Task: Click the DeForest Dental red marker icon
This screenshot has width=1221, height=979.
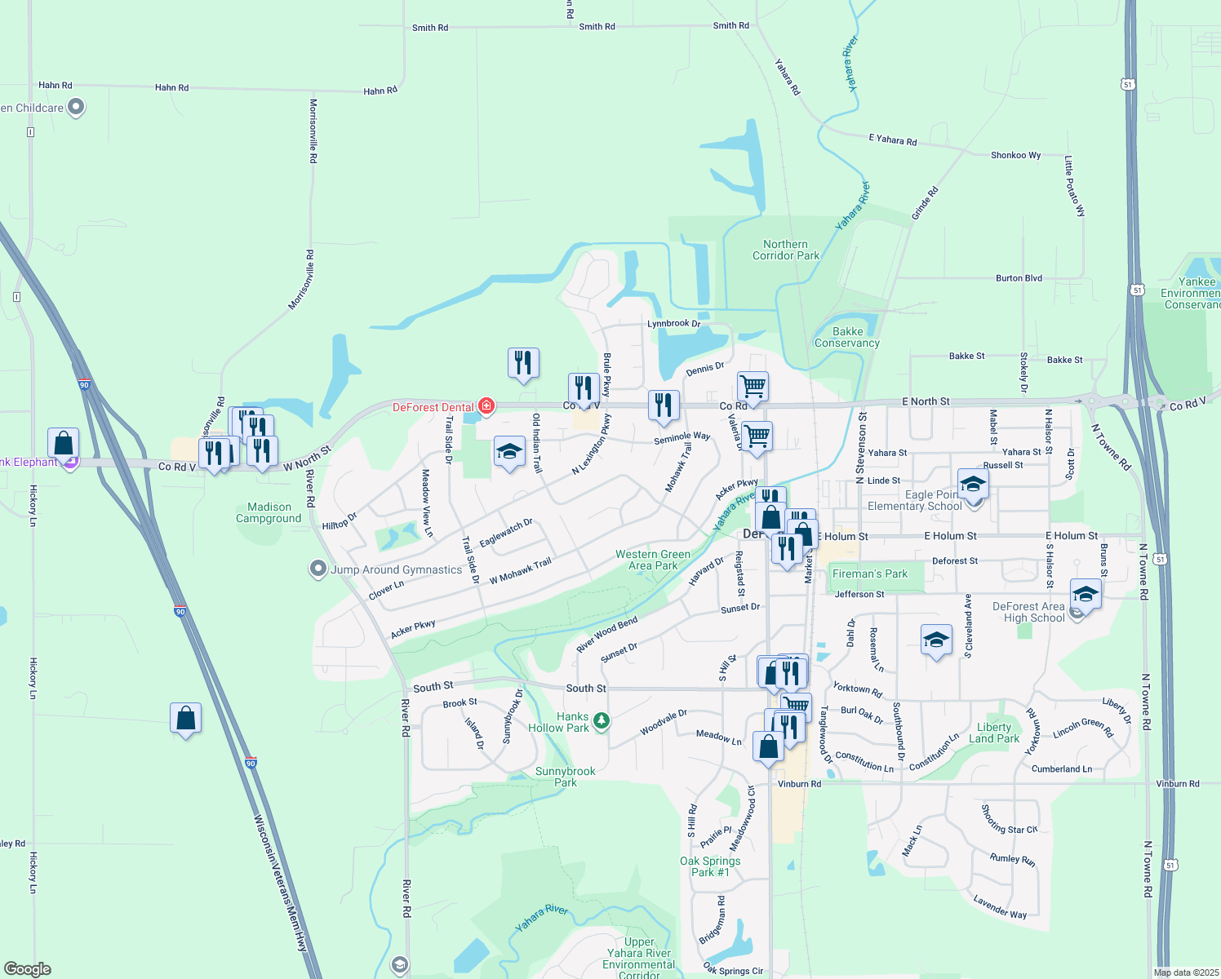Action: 486,405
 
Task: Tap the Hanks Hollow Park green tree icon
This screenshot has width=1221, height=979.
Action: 602,720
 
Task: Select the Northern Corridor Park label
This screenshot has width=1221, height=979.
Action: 786,250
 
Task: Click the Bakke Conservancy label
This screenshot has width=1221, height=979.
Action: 847,337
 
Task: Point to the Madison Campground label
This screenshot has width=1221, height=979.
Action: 269,512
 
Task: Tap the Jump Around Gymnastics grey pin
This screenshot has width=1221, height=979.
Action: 318,569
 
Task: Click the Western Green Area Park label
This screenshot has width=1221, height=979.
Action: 653,560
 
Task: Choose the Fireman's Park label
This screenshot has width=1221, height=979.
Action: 869,574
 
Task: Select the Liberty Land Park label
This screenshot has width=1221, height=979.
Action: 993,733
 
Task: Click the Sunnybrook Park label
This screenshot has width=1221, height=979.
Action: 565,777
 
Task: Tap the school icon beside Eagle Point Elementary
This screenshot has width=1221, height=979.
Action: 973,485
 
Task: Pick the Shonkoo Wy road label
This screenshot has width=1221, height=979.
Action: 1015,155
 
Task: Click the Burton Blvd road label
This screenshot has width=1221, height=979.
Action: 1019,278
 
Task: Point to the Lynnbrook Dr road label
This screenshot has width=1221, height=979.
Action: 673,324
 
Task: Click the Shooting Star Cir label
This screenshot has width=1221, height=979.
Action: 1009,819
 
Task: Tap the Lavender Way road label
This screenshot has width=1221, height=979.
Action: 1000,906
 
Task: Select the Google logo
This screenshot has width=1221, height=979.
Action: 28,969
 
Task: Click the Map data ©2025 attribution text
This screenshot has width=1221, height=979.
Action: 1186,972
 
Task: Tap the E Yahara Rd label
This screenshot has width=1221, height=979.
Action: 892,140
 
